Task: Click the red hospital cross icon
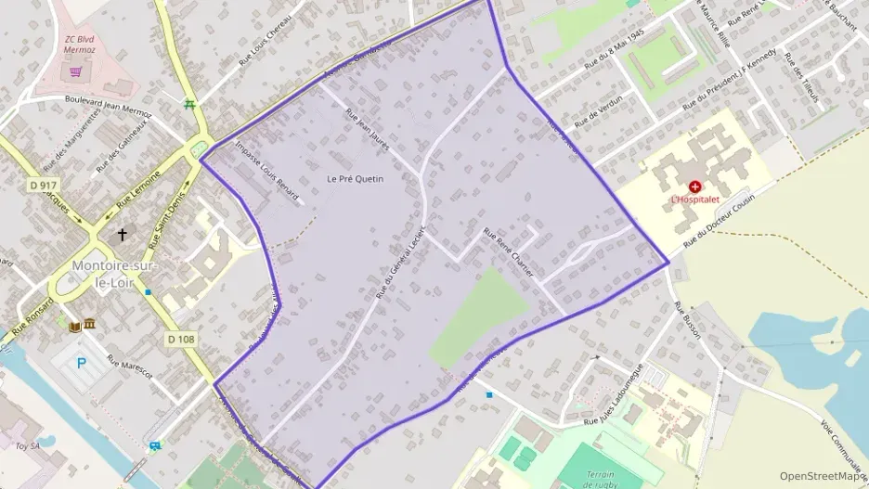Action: (695, 187)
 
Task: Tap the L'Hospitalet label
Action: (695, 199)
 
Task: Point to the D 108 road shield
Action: (182, 340)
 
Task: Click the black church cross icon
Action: (123, 236)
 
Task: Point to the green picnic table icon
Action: (190, 104)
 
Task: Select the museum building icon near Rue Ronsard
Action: (89, 324)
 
